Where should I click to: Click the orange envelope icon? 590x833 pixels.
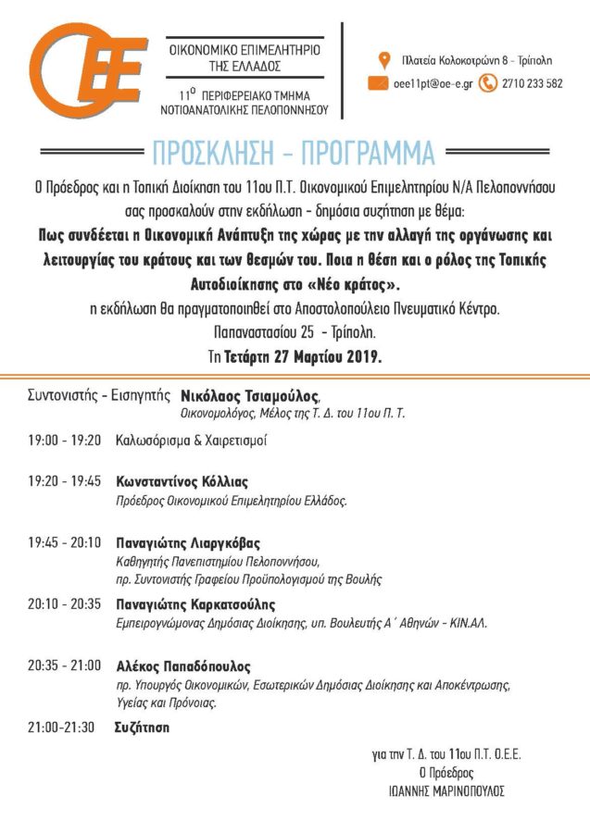pos(378,83)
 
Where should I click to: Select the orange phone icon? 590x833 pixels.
pos(485,83)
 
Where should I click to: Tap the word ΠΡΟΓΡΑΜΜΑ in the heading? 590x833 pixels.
pos(370,151)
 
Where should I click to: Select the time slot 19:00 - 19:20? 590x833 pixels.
pos(64,441)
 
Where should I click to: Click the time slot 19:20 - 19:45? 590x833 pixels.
pos(64,482)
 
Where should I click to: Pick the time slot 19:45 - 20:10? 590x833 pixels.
pos(64,542)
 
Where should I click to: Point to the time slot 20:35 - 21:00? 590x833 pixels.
pos(64,666)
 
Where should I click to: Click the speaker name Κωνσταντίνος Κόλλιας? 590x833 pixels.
pos(182,482)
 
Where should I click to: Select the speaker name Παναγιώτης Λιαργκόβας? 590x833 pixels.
pos(187,542)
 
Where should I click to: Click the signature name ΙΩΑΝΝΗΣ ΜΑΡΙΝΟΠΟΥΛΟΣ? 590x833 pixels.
pos(446,791)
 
